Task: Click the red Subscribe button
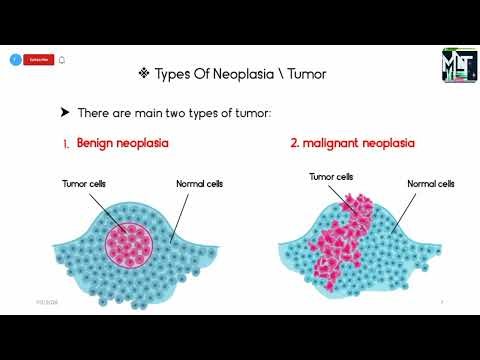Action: (x=38, y=59)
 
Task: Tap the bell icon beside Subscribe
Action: (x=62, y=59)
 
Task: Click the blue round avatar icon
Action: (x=15, y=59)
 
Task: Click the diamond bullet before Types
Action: (x=143, y=73)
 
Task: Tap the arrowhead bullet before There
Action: (x=65, y=113)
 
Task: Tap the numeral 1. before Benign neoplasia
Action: (x=66, y=144)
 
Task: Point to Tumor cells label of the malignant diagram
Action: (x=331, y=176)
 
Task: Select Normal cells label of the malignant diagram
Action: (x=432, y=184)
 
